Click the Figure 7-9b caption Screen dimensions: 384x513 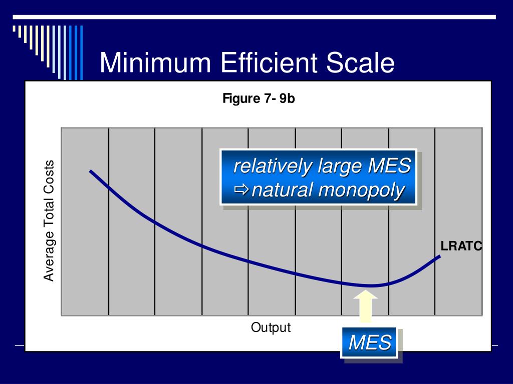click(259, 98)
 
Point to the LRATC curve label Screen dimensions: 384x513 click(461, 246)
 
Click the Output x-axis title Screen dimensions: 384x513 click(271, 328)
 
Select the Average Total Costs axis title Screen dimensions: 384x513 click(49, 221)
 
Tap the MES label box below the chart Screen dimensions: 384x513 click(370, 343)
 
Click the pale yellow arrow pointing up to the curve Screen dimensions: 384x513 click(365, 306)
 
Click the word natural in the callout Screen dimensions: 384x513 click(283, 190)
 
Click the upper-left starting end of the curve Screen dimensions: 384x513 click(91, 171)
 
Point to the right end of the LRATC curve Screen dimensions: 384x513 click(439, 256)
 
